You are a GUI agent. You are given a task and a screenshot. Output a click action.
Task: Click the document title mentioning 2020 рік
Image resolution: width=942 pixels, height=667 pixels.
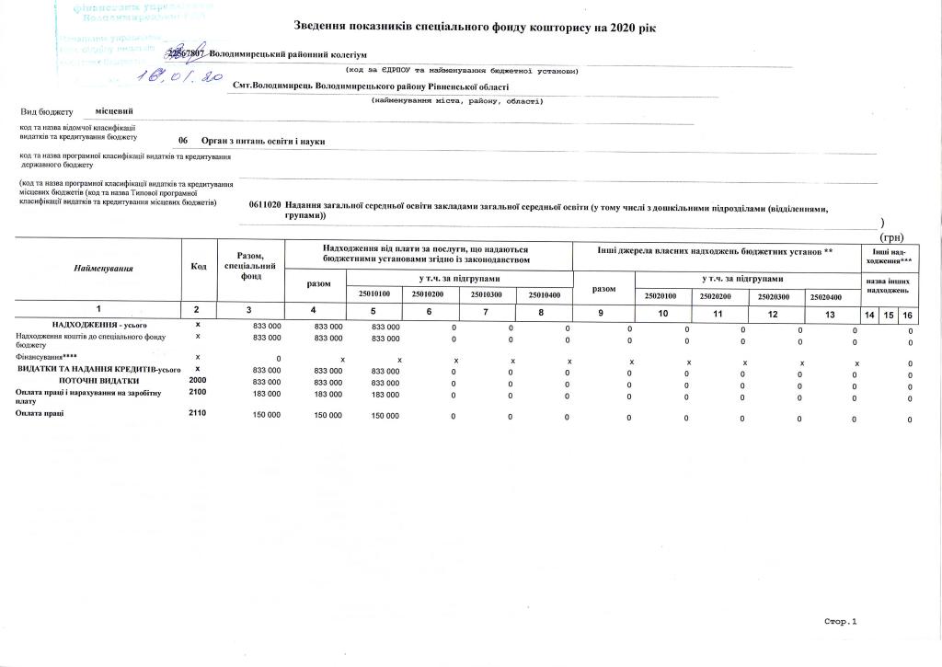[x=474, y=28]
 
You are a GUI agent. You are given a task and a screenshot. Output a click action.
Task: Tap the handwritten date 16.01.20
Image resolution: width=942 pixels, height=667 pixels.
[x=179, y=79]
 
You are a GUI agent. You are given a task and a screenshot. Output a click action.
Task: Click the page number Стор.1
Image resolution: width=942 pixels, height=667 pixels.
[x=840, y=622]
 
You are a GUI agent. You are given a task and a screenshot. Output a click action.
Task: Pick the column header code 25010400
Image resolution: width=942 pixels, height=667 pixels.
[x=544, y=294]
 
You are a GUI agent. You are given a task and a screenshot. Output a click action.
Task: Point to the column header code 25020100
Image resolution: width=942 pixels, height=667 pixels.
[x=660, y=295]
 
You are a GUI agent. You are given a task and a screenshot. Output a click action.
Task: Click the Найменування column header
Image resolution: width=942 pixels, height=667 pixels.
[x=104, y=268]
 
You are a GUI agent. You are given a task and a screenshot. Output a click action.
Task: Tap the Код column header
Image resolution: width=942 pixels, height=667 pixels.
[x=198, y=267]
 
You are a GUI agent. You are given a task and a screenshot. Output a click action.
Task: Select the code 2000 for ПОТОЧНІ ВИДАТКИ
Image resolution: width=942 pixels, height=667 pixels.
[x=198, y=379]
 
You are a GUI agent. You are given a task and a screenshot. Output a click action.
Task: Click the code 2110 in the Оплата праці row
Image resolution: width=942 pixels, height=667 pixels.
[x=198, y=413]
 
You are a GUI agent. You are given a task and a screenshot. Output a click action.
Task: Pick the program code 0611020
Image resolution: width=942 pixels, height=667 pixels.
[x=264, y=205]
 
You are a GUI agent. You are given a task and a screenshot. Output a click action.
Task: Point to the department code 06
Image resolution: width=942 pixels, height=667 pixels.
[x=183, y=141]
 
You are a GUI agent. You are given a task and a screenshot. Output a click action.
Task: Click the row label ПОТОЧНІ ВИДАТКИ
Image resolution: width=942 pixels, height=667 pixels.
[x=99, y=380]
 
